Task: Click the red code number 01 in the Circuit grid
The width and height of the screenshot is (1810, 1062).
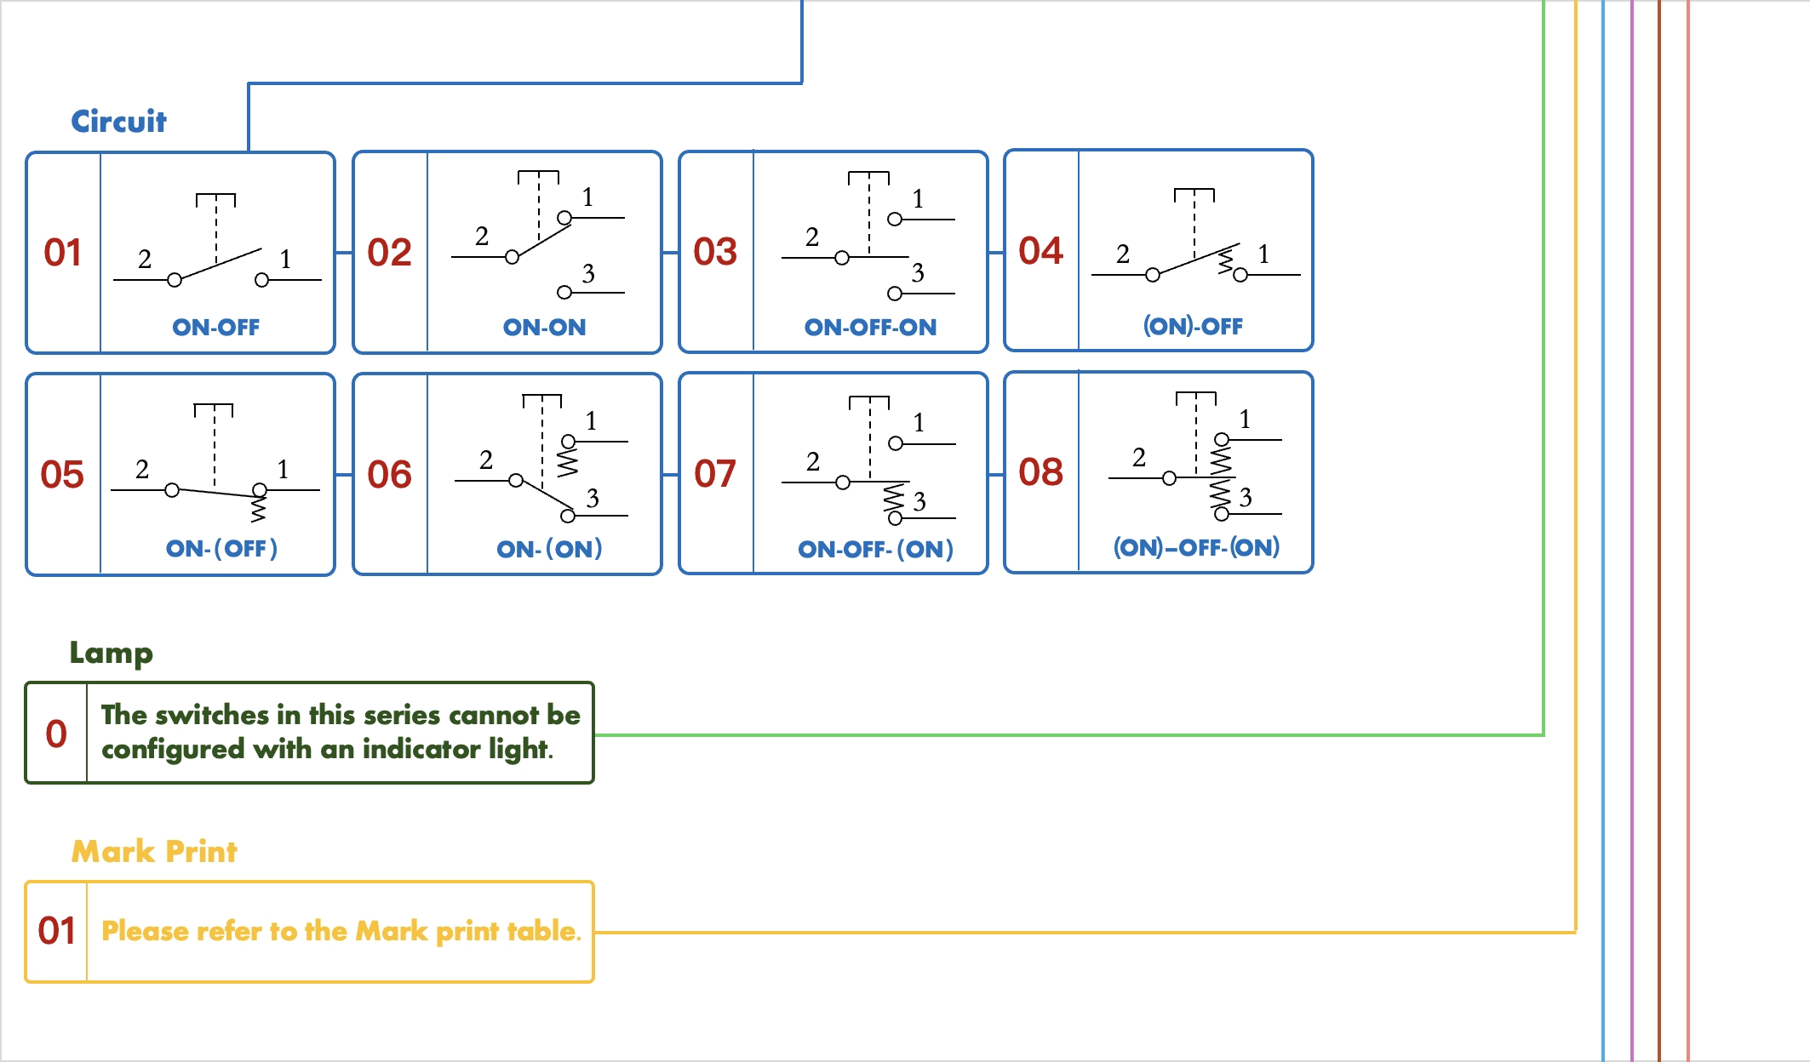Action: coord(63,253)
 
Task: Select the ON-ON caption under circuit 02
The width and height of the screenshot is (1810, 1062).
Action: coord(544,328)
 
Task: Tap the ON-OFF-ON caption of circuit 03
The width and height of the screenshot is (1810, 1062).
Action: coord(870,328)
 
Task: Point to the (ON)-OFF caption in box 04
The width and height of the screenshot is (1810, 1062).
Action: coord(1193,326)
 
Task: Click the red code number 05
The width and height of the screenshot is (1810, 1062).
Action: coord(62,475)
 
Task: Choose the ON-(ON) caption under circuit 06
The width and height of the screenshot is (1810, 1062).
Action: coord(549,549)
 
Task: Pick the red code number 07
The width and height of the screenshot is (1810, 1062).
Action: coord(715,474)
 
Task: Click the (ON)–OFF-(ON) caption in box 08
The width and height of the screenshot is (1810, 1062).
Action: coord(1196,547)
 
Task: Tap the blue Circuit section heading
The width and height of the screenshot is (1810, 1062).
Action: coord(118,122)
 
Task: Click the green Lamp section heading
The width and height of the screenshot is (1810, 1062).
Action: coord(112,653)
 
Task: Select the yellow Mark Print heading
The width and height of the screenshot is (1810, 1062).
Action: coord(154,851)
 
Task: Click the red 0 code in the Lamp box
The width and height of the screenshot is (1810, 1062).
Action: coord(56,734)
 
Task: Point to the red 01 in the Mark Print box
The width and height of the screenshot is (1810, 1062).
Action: coord(56,931)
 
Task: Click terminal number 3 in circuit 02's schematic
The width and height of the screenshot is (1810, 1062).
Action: coord(588,274)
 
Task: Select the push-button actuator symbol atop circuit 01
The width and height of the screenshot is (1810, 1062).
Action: coord(216,201)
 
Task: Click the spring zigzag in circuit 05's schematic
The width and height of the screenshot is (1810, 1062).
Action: coord(258,508)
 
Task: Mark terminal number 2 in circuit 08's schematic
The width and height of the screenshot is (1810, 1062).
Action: coord(1139,458)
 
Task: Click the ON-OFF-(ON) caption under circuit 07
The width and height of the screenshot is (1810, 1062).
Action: coord(875,549)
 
